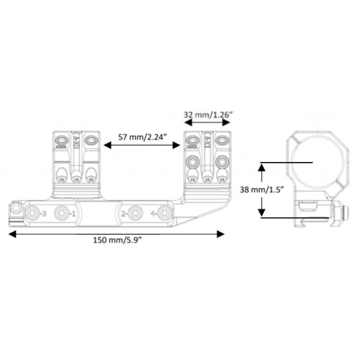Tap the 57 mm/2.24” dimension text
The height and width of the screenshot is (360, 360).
coord(143,138)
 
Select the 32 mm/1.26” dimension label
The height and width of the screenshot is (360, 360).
coord(208,114)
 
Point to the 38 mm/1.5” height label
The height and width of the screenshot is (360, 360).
coord(262,190)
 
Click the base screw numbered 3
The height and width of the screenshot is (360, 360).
coord(32,213)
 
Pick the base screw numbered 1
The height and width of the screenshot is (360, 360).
coord(61,213)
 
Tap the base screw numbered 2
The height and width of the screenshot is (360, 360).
coord(135,213)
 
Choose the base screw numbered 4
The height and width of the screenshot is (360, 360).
coord(165,213)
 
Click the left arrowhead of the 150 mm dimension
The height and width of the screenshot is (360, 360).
coord(12,234)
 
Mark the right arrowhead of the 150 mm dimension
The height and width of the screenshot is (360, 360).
coord(220,234)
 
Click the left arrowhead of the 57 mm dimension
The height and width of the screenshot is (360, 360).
coord(107,145)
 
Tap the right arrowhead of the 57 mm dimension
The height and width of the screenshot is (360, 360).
coord(176,145)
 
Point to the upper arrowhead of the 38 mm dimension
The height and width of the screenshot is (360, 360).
coord(261,168)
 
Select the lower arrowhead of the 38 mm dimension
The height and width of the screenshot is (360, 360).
coord(261,212)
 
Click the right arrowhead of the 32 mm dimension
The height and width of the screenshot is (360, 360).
coord(226,122)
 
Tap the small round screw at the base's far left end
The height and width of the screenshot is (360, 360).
coord(16,208)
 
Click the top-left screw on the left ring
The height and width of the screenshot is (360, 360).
coord(61,140)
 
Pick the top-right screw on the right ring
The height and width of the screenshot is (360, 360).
coord(222,140)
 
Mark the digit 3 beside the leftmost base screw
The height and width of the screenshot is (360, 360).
coord(44,213)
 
